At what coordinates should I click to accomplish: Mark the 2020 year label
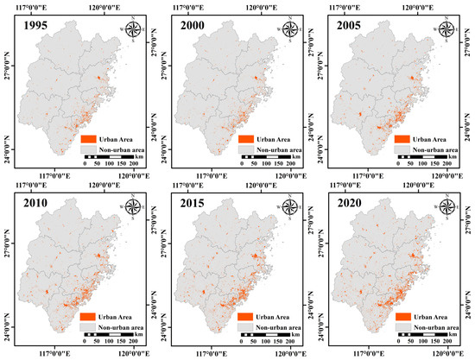[x=346, y=206]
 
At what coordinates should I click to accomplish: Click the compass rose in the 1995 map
[x=135, y=31]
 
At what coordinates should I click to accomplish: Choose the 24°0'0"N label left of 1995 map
[x=6, y=143]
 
